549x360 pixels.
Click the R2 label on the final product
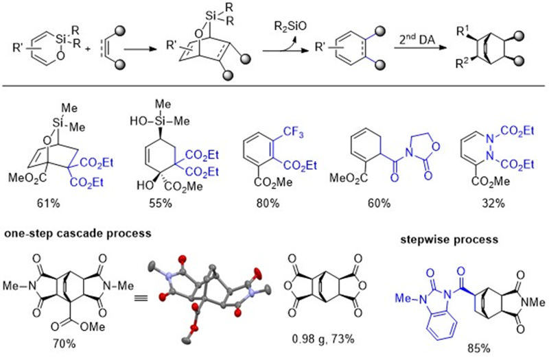coord(463,67)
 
